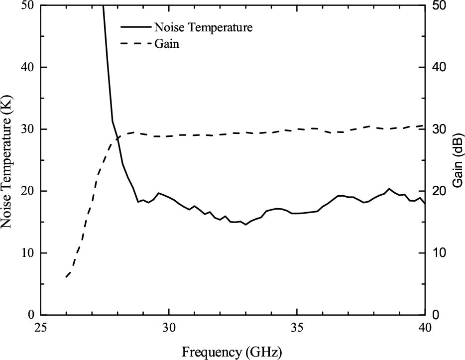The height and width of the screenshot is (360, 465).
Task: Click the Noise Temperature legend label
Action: pyautogui.click(x=204, y=27)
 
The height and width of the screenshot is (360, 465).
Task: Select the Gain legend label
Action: pyautogui.click(x=167, y=44)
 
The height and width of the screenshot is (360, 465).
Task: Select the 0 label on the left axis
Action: pyautogui.click(x=31, y=315)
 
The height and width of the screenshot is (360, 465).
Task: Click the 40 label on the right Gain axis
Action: pyautogui.click(x=438, y=67)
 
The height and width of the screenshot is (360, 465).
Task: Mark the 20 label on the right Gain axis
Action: pyautogui.click(x=438, y=191)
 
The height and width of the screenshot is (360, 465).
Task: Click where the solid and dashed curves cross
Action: pyautogui.click(x=117, y=138)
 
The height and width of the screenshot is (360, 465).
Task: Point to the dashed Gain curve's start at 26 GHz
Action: pyautogui.click(x=66, y=277)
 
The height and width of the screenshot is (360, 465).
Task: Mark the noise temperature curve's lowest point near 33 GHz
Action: pyautogui.click(x=245, y=225)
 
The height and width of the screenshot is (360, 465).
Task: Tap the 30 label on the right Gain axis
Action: pyautogui.click(x=438, y=129)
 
